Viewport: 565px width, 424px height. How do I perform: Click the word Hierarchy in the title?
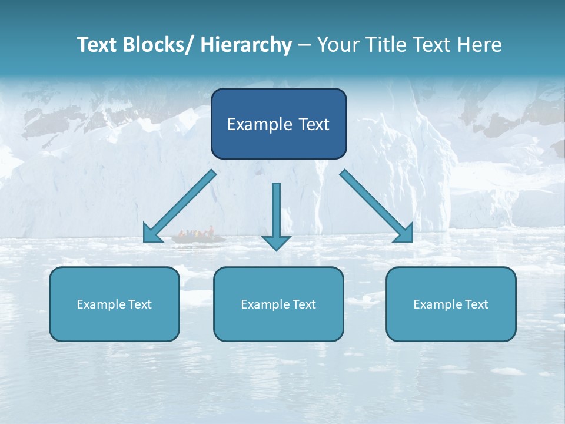tap(246, 45)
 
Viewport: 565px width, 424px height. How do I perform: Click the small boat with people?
tap(198, 237)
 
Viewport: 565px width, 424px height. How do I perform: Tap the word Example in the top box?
tap(258, 124)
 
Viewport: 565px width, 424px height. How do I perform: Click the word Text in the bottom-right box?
tap(476, 304)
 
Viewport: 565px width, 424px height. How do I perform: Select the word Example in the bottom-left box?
tap(101, 304)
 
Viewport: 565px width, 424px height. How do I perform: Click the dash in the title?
tap(304, 45)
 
